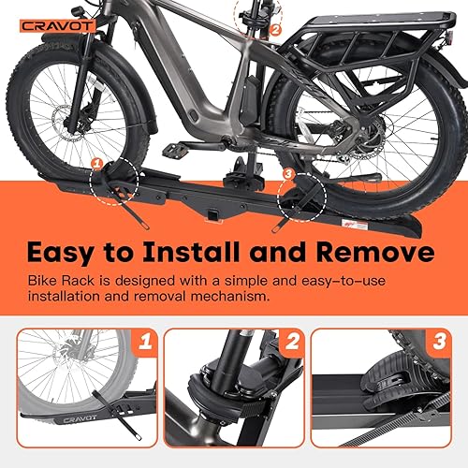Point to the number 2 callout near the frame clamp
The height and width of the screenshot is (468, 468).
pyautogui.click(x=274, y=29)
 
